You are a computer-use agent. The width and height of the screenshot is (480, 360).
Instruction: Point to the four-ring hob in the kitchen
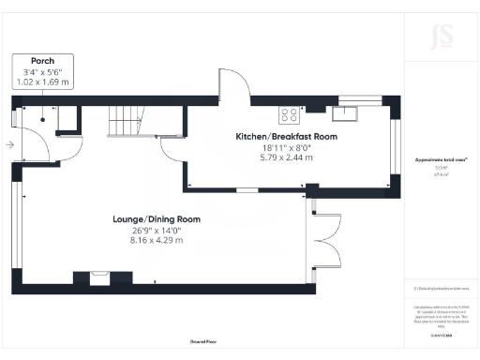(289, 116)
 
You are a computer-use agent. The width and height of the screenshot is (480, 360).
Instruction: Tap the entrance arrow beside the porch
(8, 145)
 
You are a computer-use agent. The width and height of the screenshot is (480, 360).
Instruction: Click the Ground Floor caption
(203, 343)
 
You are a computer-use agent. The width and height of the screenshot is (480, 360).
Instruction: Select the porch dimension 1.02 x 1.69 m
(43, 82)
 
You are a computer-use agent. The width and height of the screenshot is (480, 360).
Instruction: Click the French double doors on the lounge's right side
(323, 238)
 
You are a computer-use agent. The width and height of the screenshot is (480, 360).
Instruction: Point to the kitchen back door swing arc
(235, 83)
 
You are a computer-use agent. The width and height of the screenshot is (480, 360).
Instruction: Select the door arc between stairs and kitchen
(174, 146)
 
